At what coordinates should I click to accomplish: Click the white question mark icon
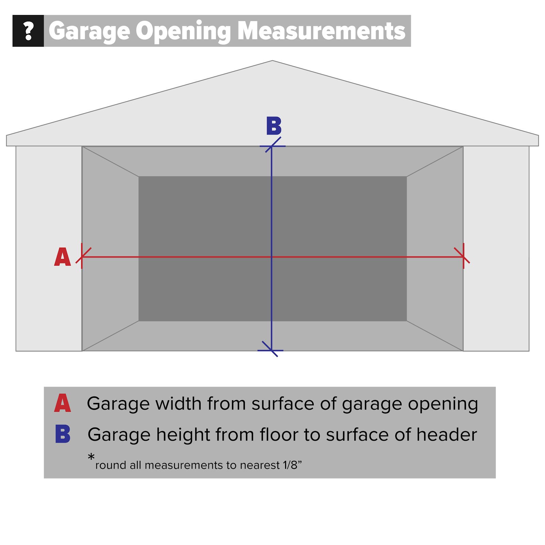click(28, 31)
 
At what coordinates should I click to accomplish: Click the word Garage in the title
click(90, 31)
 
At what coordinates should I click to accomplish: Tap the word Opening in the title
click(184, 31)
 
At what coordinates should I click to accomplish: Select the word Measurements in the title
click(321, 31)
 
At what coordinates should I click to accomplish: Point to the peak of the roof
click(272, 61)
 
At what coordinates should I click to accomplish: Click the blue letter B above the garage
click(274, 126)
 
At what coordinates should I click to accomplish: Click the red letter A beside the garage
click(63, 257)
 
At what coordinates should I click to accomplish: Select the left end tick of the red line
click(82, 256)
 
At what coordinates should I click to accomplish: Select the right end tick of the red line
click(463, 256)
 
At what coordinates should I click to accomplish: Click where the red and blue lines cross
click(271, 256)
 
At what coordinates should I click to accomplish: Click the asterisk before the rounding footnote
click(91, 457)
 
